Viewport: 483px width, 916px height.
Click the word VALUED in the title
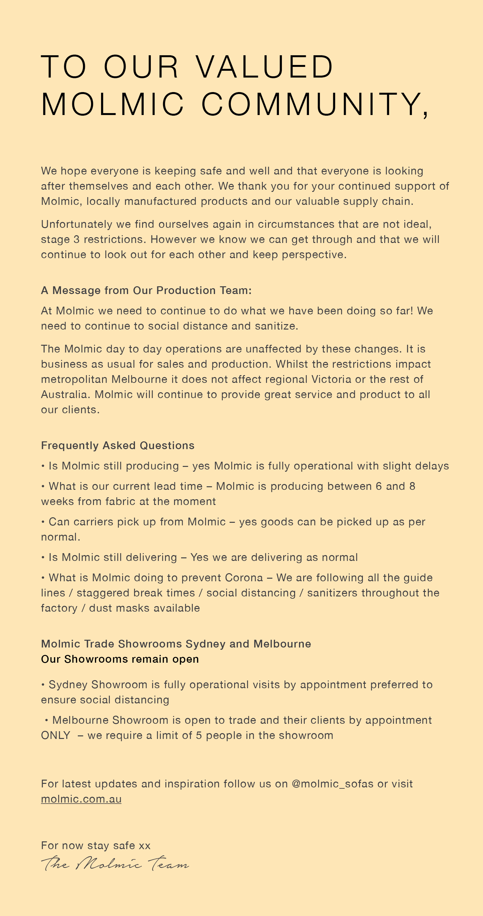[x=264, y=67]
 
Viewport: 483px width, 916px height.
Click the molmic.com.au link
[x=81, y=799]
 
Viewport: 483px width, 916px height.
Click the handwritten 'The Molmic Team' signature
[x=115, y=863]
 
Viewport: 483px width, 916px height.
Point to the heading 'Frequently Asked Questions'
[x=118, y=445]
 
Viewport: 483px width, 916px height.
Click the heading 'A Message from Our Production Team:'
[x=146, y=290]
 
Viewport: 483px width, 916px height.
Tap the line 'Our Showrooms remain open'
[x=120, y=659]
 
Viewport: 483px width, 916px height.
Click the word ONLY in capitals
[x=56, y=735]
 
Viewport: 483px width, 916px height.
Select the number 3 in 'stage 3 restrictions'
[x=77, y=239]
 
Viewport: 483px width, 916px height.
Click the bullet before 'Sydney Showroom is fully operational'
[x=43, y=685]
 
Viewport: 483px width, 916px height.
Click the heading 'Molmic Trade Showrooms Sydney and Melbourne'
[x=176, y=644]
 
